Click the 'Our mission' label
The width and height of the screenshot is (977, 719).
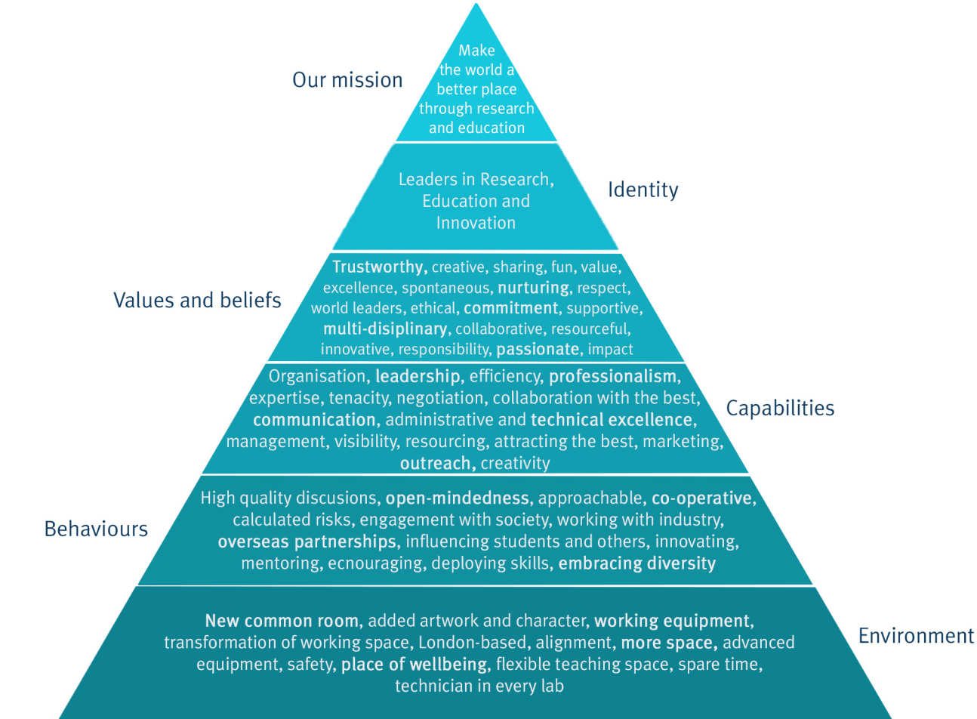coord(347,80)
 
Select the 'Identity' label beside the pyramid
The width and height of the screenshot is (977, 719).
coord(643,190)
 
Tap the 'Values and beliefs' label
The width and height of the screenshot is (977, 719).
coord(197,301)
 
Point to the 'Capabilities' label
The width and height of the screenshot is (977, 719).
coord(780,409)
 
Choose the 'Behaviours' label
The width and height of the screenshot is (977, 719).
coord(96,529)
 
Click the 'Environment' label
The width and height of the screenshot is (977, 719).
coord(916,636)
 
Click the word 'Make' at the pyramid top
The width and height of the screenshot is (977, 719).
coord(476,51)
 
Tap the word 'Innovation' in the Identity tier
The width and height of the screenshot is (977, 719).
coord(476,223)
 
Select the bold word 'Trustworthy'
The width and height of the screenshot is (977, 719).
coord(379,267)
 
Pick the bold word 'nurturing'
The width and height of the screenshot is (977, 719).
coord(533,288)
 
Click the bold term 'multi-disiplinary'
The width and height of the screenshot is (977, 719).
coord(384,329)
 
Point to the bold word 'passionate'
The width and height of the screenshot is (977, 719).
coord(537,349)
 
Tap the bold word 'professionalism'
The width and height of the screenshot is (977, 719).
coord(612,376)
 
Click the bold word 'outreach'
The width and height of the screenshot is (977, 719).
coord(436,463)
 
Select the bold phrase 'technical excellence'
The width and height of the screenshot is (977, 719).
coord(612,420)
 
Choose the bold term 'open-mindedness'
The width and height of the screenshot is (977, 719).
coord(457,498)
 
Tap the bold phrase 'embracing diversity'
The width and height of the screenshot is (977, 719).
coord(636,563)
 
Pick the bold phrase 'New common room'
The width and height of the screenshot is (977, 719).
coord(282,621)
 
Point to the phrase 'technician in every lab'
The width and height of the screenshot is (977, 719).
coord(479,686)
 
